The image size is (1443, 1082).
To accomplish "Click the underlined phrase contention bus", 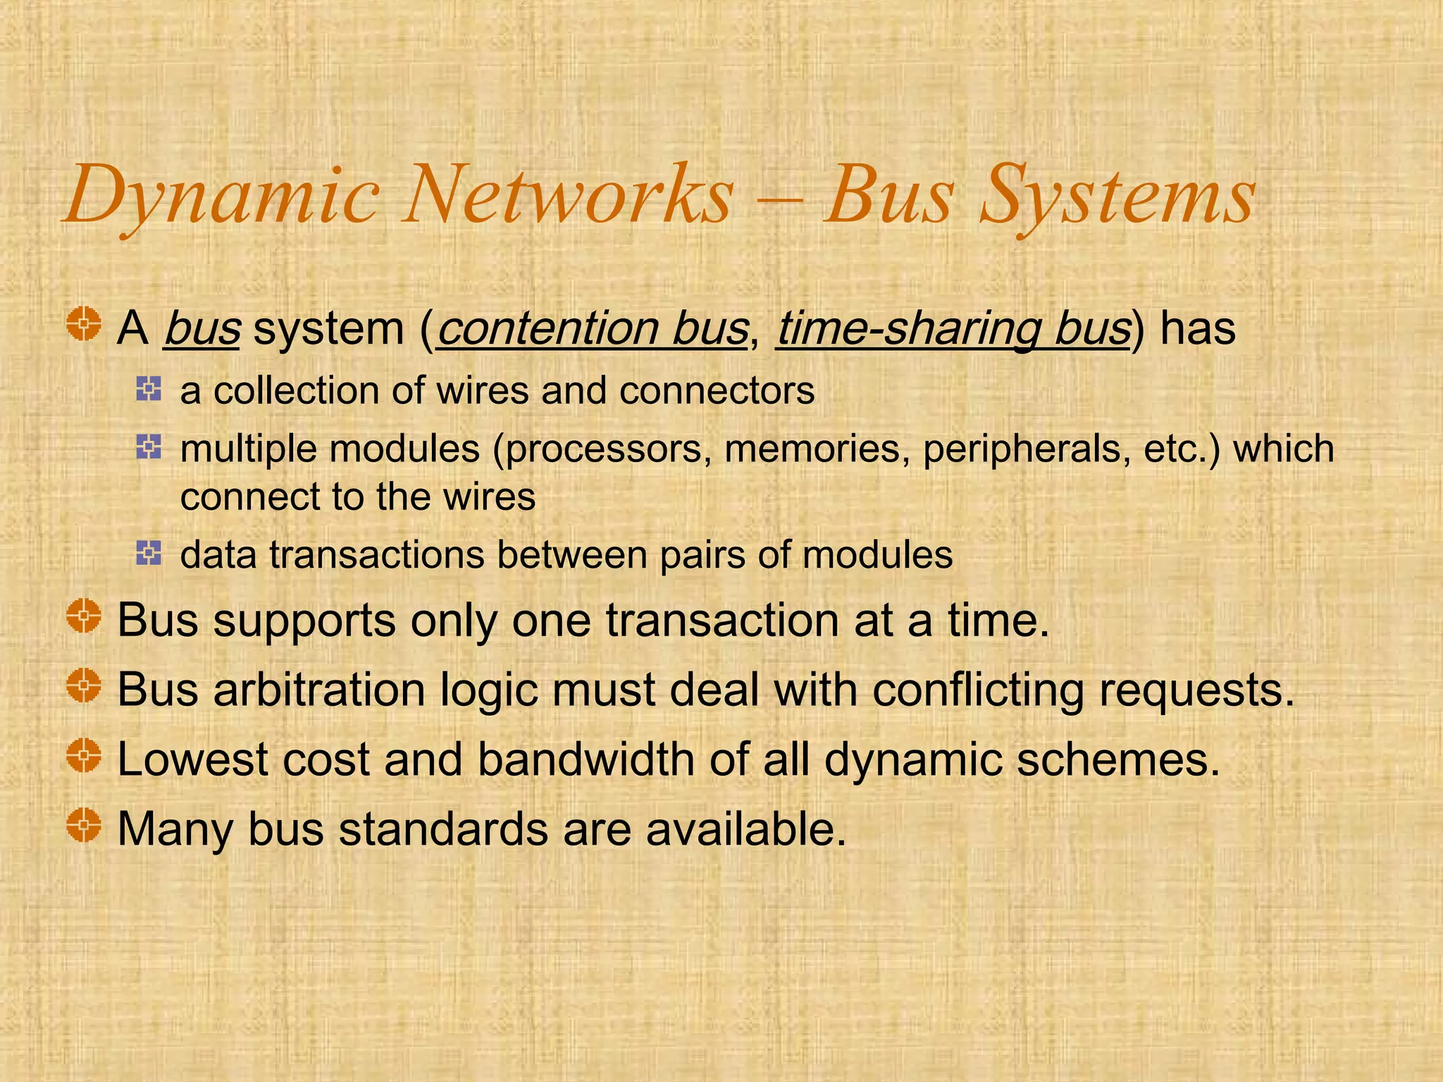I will click(592, 328).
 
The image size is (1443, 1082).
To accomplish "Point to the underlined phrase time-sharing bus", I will click(953, 328).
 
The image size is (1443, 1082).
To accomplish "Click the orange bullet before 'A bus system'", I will click(84, 325).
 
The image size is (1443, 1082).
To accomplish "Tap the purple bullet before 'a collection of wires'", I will click(149, 388).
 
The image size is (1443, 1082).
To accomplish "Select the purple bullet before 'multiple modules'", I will click(149, 446).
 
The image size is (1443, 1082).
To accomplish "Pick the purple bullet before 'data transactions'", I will click(149, 553).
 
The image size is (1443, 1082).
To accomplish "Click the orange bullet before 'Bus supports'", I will click(84, 616).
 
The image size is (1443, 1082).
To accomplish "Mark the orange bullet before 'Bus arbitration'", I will click(84, 685).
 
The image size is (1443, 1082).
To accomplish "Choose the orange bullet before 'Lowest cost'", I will click(84, 755).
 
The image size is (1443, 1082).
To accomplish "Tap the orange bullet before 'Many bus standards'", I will click(84, 825).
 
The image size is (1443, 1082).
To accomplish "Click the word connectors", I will click(717, 391).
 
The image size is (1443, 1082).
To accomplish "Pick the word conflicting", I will click(978, 690).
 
